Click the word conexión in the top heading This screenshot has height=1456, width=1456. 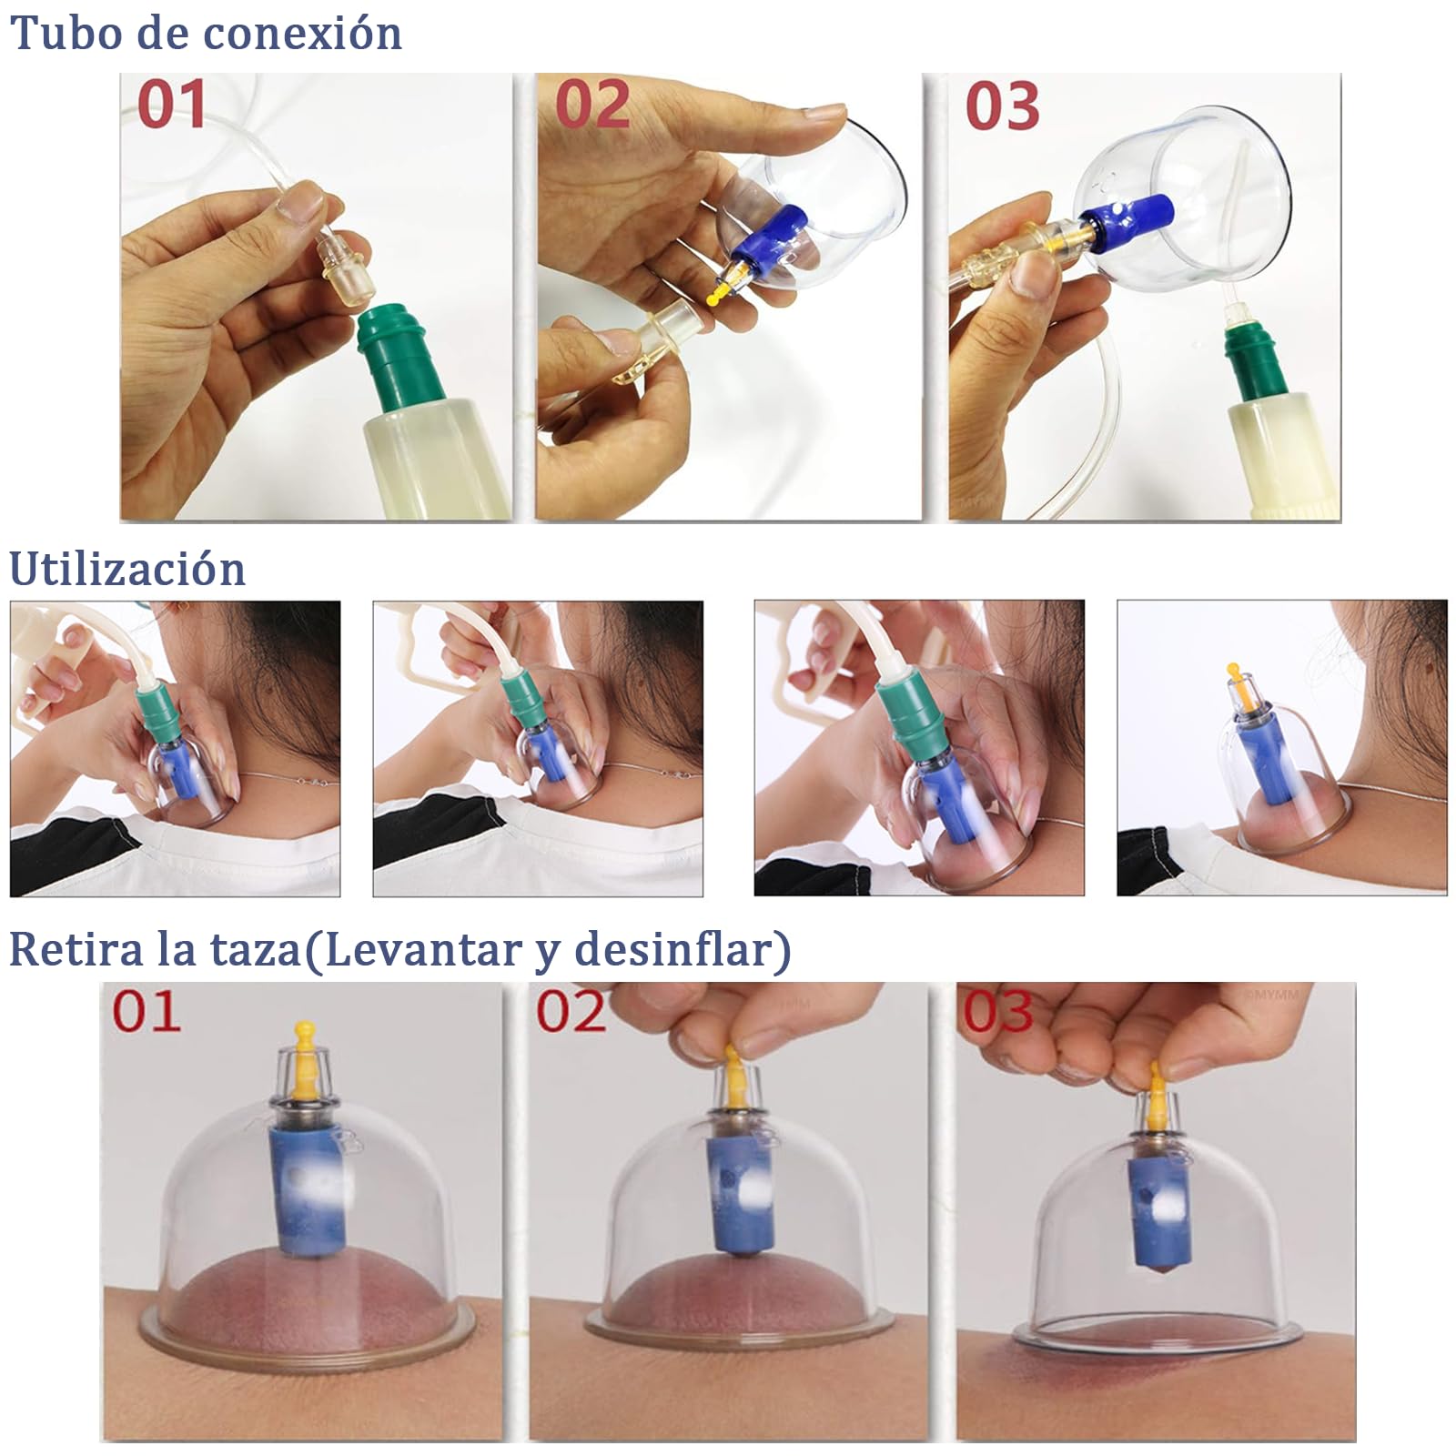[303, 34]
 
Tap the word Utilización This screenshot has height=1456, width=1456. [127, 570]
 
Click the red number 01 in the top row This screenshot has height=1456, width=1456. [171, 104]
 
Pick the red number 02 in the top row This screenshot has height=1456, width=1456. [592, 104]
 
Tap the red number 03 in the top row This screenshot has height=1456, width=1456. [1002, 106]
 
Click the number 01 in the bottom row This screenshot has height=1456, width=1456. [147, 1011]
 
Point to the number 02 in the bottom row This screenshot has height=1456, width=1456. [571, 1011]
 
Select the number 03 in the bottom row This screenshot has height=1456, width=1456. [998, 1011]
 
